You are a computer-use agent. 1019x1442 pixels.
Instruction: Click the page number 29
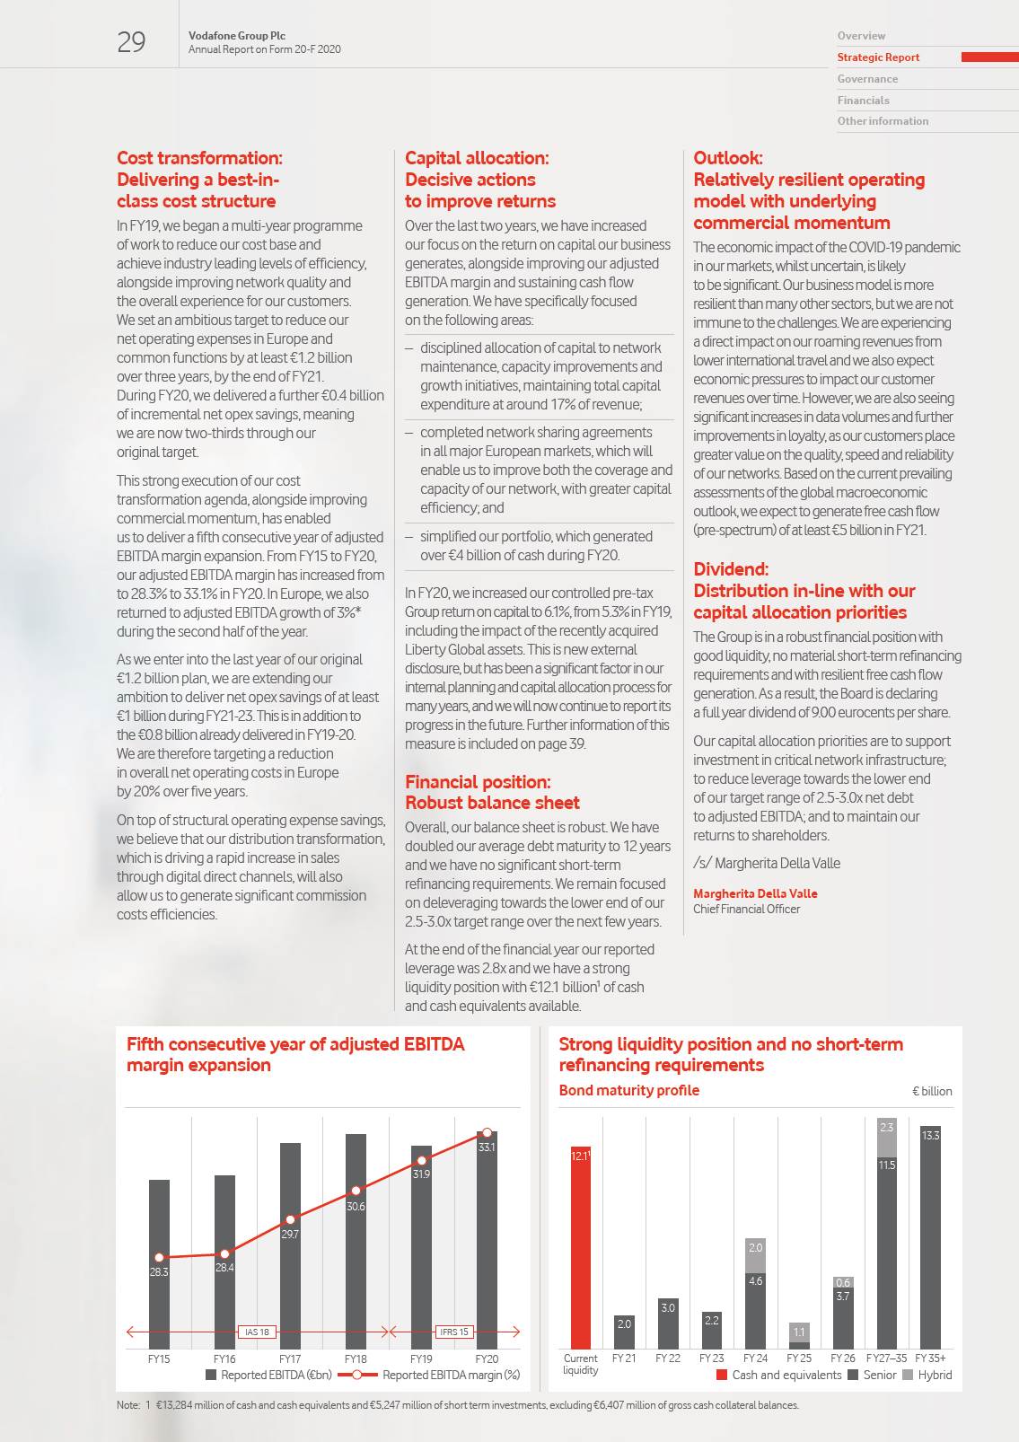pyautogui.click(x=131, y=42)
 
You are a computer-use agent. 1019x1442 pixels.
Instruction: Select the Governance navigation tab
pyautogui.click(x=867, y=79)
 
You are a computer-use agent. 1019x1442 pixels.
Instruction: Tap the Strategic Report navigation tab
pyautogui.click(x=878, y=57)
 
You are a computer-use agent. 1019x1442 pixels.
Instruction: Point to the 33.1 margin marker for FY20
pyautogui.click(x=487, y=1133)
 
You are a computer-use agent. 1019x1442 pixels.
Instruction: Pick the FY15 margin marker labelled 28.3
pyautogui.click(x=159, y=1258)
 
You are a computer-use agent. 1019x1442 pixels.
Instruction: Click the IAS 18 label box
pyautogui.click(x=258, y=1332)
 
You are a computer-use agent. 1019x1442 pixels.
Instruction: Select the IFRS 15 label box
pyautogui.click(x=454, y=1332)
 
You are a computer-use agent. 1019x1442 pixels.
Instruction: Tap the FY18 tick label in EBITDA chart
pyautogui.click(x=356, y=1359)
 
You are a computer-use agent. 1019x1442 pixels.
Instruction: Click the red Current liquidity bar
pyautogui.click(x=580, y=1248)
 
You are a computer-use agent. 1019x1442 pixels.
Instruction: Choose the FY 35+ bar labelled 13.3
pyautogui.click(x=930, y=1239)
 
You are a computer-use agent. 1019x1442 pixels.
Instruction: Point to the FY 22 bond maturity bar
pyautogui.click(x=668, y=1323)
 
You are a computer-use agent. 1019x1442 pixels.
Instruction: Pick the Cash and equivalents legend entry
pyautogui.click(x=779, y=1375)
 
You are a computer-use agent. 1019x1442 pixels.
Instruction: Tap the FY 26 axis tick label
pyautogui.click(x=843, y=1358)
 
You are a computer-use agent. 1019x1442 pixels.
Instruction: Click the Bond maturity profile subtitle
pyautogui.click(x=628, y=1090)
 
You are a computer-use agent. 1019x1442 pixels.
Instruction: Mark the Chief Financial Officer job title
pyautogui.click(x=746, y=909)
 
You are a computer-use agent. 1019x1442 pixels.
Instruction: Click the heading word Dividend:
pyautogui.click(x=731, y=569)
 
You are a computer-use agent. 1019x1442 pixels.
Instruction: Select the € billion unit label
pyautogui.click(x=932, y=1091)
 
